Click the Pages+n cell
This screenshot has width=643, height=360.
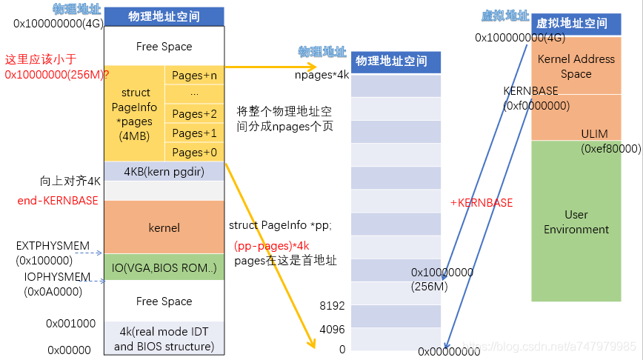194,76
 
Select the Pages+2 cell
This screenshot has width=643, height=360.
194,113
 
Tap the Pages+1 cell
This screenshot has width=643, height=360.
194,133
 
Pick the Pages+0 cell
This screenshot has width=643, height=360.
194,152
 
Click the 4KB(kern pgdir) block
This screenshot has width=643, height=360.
164,171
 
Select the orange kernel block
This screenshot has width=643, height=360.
164,227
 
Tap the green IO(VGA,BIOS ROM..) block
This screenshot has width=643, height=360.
164,267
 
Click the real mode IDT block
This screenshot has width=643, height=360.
164,338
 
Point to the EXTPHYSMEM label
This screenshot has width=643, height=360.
53,246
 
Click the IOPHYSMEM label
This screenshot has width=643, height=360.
57,277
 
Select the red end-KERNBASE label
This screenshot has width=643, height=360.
58,201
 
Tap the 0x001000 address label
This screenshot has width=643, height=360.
70,324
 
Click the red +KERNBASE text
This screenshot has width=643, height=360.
482,202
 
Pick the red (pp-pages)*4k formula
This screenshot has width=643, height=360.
271,246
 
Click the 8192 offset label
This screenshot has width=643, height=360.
332,306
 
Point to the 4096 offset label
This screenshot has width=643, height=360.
332,329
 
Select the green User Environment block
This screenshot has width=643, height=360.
576,221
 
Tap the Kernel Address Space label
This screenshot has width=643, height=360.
576,67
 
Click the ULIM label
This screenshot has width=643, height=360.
594,133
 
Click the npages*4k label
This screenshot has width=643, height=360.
322,75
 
